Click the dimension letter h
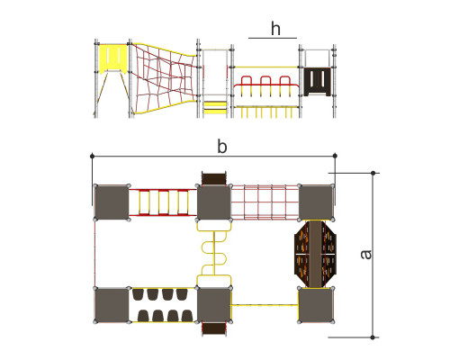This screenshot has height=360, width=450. tap(275, 29)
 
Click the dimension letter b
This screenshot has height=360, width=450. tap(222, 147)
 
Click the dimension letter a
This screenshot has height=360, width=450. tap(366, 255)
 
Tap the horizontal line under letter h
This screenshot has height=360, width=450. tap(273, 38)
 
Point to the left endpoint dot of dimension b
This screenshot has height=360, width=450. tap(93, 156)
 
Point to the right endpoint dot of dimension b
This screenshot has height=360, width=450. tap(335, 156)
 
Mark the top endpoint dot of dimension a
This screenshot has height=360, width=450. tap(373, 173)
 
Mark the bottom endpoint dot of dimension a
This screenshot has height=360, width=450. tap(373, 337)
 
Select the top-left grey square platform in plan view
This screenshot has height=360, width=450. tap(112, 202)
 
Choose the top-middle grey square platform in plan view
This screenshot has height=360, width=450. tap(214, 202)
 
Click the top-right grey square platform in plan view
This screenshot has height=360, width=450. tap(316, 202)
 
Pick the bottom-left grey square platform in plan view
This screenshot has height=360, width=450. tap(112, 305)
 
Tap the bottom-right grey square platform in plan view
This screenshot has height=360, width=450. tap(316, 305)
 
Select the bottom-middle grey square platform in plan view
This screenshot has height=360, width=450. tap(214, 305)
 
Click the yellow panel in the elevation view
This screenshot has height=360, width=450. tap(113, 58)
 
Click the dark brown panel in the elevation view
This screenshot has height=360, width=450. tap(318, 82)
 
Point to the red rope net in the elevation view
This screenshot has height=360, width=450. tap(165, 78)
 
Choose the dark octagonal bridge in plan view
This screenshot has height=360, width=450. tap(315, 254)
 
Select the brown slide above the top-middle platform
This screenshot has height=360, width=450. tap(214, 178)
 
